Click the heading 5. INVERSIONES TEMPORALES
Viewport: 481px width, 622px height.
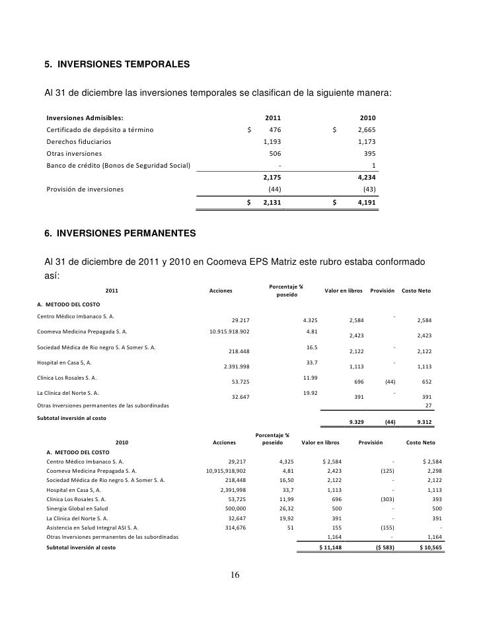point(116,65)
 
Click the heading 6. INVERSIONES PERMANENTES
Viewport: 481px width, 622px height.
point(120,233)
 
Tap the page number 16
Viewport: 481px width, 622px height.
point(235,574)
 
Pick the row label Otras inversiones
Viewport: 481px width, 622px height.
point(73,153)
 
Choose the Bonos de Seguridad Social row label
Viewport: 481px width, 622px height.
point(118,165)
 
